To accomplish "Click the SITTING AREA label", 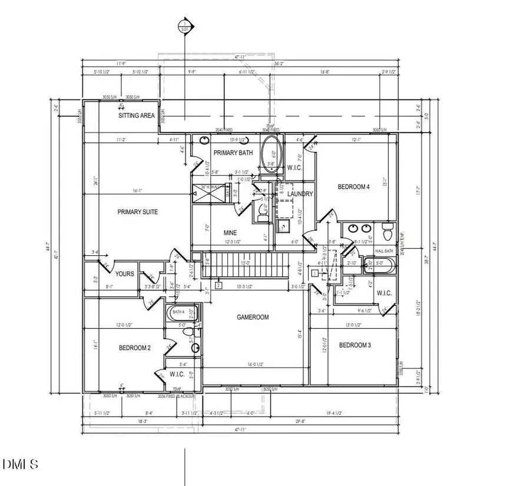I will (x=136, y=116).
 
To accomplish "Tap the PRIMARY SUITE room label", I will (x=137, y=212).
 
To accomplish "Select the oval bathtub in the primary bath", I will (x=271, y=154).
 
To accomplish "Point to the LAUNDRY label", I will (x=300, y=194).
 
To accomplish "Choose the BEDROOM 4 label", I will (x=353, y=187).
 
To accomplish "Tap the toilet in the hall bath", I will (x=388, y=232).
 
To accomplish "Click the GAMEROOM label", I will (x=253, y=317).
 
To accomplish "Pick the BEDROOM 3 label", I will (x=355, y=345).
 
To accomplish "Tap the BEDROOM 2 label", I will (x=135, y=348).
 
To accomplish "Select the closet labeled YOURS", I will (x=124, y=274).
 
